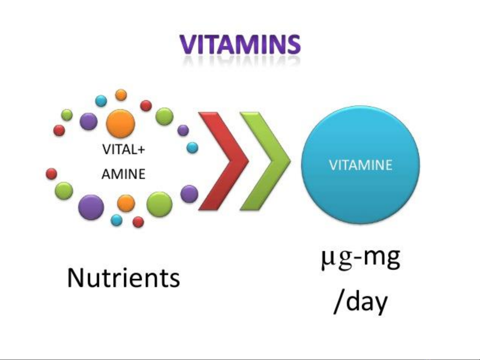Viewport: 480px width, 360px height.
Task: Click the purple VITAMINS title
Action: click(240, 45)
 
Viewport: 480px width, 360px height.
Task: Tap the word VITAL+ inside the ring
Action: click(124, 150)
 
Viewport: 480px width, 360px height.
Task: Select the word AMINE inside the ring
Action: click(124, 174)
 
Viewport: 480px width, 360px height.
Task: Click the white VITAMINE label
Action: click(361, 165)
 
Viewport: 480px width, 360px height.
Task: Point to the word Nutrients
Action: click(124, 278)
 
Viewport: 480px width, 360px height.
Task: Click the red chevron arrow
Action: click(224, 161)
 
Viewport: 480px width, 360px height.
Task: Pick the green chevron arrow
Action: click(265, 161)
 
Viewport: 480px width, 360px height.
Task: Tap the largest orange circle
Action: click(121, 124)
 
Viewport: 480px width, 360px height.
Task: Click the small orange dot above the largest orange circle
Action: click(121, 95)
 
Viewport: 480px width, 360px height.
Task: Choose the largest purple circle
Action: click(91, 207)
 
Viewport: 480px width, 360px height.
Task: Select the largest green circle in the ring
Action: click(160, 204)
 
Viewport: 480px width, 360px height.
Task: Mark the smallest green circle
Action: click(67, 115)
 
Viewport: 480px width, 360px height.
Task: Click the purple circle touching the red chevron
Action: click(189, 194)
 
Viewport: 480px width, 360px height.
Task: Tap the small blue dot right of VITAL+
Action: click(193, 148)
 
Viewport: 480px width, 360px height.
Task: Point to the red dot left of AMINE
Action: click(51, 174)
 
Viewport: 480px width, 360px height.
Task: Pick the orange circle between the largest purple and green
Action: click(126, 203)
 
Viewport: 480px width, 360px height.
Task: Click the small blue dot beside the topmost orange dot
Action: click(101, 101)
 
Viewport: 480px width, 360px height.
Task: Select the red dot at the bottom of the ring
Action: click(138, 222)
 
